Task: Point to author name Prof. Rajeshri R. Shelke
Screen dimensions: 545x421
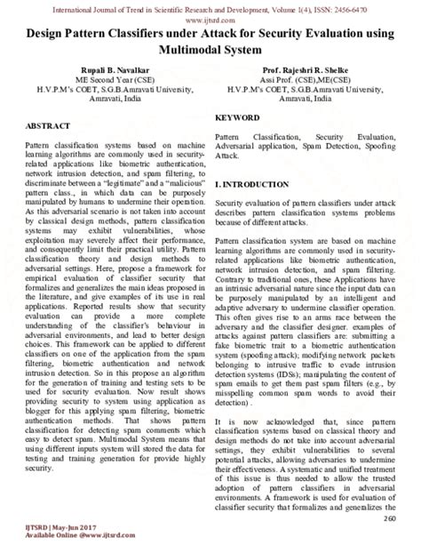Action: point(316,68)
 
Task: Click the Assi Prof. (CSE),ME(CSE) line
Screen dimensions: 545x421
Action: point(316,77)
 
